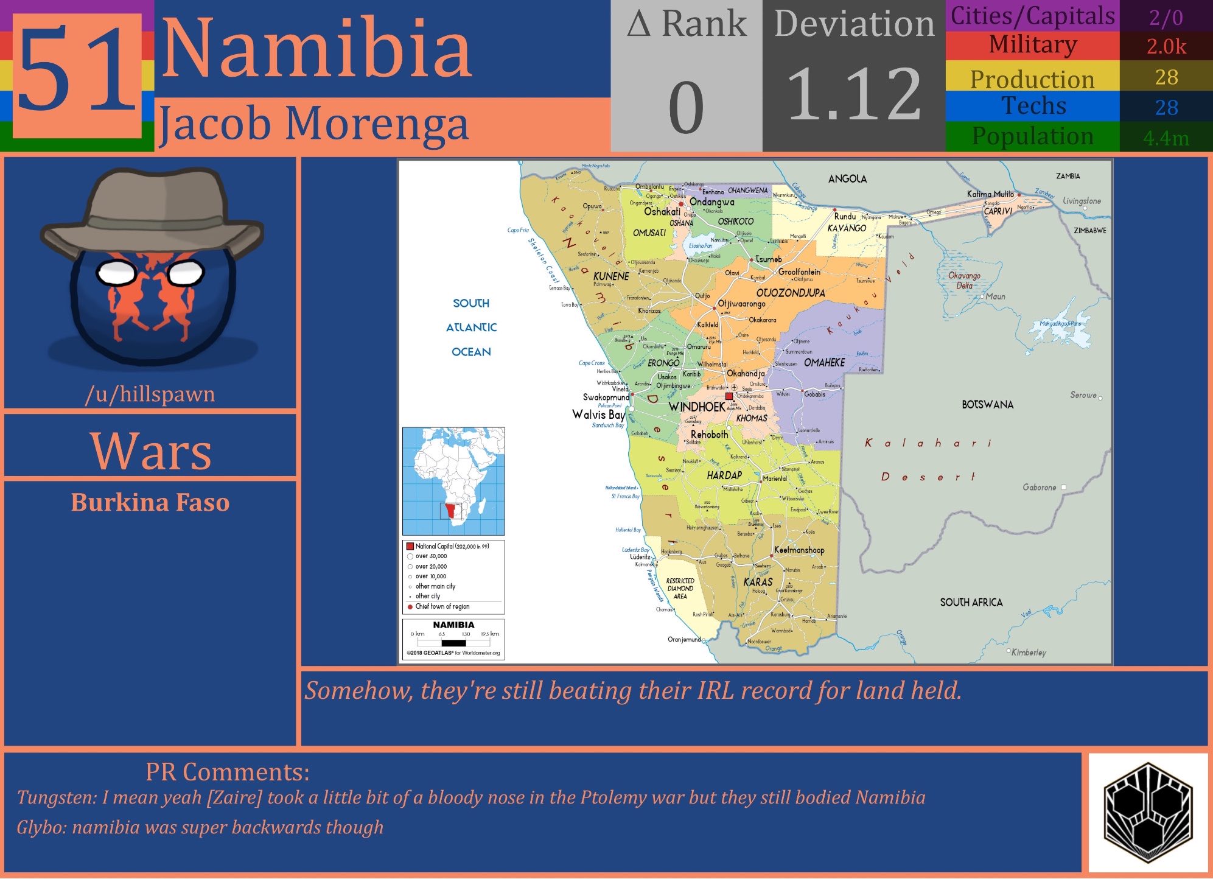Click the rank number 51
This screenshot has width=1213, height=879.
[77, 74]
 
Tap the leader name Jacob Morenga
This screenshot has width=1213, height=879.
[313, 124]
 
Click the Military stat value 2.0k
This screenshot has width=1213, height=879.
[1166, 46]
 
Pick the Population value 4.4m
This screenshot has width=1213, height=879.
[1166, 138]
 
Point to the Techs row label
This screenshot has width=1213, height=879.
[1033, 106]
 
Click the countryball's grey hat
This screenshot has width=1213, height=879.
[152, 210]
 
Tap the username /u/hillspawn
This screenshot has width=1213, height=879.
[150, 394]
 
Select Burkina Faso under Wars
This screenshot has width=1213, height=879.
[150, 502]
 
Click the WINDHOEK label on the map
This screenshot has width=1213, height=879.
[696, 407]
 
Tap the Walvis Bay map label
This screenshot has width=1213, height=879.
[598, 415]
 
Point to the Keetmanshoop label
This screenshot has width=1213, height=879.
[799, 550]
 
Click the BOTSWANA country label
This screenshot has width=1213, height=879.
[987, 405]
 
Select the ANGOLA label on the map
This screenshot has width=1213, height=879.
[847, 178]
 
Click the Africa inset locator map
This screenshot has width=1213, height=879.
[453, 481]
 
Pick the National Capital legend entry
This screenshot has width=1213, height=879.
[451, 546]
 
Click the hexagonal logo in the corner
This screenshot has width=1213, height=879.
[1147, 811]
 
